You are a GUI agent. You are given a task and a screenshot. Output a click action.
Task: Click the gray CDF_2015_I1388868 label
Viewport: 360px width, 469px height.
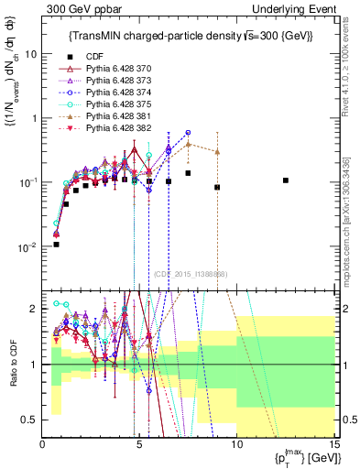pos(190,274)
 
